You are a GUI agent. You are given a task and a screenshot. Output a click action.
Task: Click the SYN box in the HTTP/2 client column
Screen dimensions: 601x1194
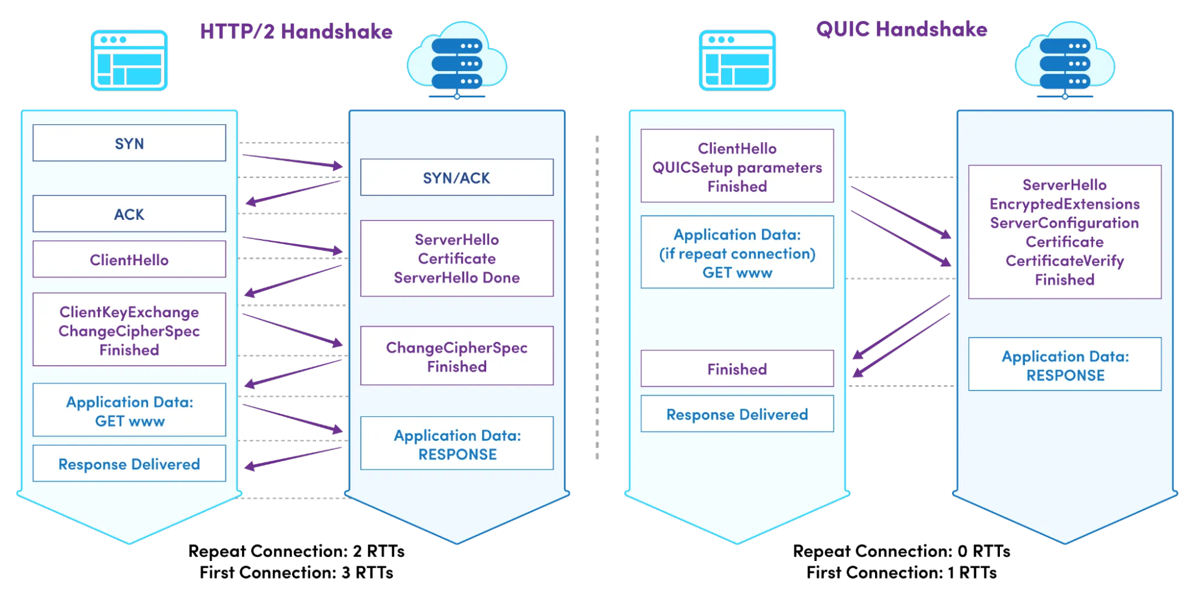coord(129,143)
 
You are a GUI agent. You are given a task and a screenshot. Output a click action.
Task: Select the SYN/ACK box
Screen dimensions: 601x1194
coord(456,177)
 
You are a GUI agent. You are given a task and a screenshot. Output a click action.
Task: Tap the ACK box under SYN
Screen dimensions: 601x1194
coord(129,214)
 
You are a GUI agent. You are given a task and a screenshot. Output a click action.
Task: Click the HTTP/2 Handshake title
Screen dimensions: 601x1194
coord(296,32)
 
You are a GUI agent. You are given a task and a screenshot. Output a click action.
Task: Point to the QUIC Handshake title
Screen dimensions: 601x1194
coord(901,29)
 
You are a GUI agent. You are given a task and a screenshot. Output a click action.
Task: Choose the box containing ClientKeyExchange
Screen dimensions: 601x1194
coord(129,330)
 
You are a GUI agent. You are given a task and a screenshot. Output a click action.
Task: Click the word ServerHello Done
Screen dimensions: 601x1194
coord(456,278)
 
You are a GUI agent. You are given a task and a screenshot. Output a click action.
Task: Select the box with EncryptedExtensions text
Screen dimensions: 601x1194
coord(1064,232)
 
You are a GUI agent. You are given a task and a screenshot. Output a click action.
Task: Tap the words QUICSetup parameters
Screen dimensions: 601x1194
coord(737,168)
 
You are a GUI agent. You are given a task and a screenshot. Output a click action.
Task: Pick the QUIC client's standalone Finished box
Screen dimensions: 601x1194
coord(737,369)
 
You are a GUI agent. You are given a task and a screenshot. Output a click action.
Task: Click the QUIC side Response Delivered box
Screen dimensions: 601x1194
coord(737,414)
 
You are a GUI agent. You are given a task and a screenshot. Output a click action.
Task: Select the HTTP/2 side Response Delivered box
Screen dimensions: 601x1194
coord(129,464)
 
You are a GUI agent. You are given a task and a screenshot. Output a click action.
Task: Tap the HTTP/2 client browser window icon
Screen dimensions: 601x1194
coord(129,60)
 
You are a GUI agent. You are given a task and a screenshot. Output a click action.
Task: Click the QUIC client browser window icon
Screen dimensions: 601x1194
coord(737,60)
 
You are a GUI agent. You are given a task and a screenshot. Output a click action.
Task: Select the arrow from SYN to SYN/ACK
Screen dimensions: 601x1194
coord(293,161)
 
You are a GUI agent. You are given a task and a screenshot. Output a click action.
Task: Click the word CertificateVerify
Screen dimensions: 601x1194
coord(1064,261)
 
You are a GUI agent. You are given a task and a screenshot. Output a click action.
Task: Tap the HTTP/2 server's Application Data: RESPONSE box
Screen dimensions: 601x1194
coord(457,444)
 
